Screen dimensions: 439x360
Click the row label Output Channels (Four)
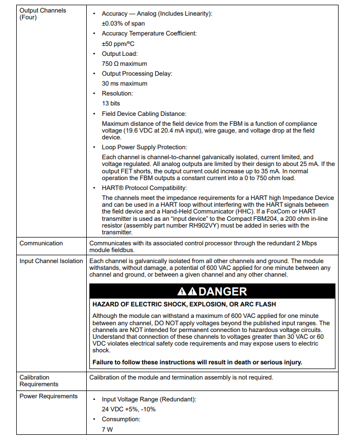click(43, 14)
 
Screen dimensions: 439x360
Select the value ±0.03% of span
click(123, 23)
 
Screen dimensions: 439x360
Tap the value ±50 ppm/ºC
click(118, 44)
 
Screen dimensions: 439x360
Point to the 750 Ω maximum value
click(124, 64)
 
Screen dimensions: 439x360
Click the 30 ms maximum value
click(124, 84)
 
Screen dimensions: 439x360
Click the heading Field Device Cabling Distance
click(144, 113)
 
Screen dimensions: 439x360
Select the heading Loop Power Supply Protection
click(144, 147)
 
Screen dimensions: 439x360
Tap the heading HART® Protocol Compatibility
click(144, 187)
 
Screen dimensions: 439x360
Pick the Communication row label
click(41, 243)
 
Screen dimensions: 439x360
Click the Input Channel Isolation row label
click(51, 261)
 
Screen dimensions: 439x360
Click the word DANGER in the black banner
click(223, 291)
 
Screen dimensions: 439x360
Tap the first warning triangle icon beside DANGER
click(182, 291)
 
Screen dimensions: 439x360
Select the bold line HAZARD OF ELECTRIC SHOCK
click(184, 304)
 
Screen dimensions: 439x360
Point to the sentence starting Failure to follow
click(197, 362)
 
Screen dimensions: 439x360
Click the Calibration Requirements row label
click(39, 381)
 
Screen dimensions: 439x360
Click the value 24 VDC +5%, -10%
click(129, 409)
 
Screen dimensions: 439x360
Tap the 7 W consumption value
click(107, 430)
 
